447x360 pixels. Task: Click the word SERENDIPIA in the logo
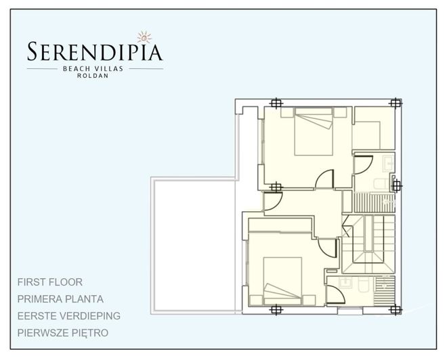(95, 52)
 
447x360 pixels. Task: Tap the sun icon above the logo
(142, 36)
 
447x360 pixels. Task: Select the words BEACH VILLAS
(95, 68)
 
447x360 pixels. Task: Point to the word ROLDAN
(95, 75)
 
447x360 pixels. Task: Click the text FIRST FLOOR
(51, 282)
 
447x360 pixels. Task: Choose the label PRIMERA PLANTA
(61, 298)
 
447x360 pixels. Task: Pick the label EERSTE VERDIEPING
(69, 316)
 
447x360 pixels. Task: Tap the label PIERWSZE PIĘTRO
(64, 333)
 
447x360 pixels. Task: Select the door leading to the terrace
(271, 201)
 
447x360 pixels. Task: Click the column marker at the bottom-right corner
(396, 310)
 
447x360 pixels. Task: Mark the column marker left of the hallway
(274, 187)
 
